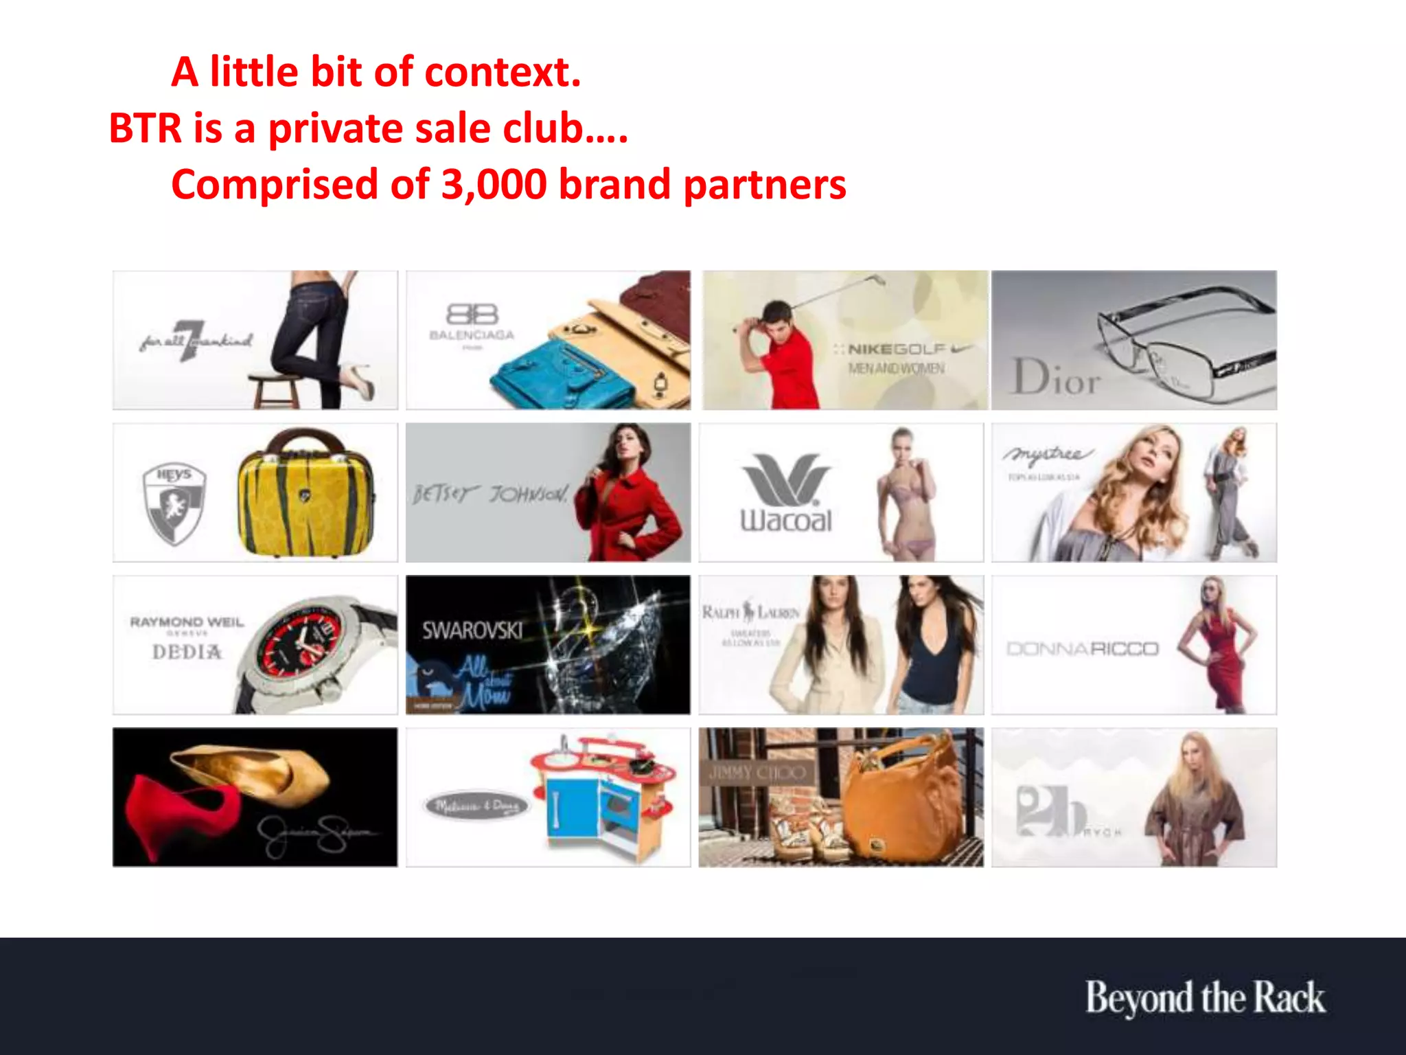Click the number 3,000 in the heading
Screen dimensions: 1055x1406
pos(494,185)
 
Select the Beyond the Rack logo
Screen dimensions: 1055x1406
pos(1205,997)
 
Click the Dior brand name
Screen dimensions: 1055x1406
pos(1057,377)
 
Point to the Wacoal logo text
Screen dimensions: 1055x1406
pos(786,520)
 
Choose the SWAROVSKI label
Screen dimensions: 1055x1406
pos(472,630)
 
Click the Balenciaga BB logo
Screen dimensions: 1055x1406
pos(472,314)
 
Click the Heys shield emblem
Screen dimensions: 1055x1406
pos(174,503)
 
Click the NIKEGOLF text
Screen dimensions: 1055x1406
pos(897,350)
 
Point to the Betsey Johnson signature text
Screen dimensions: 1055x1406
pos(490,494)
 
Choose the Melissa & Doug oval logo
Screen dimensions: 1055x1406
pos(477,806)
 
